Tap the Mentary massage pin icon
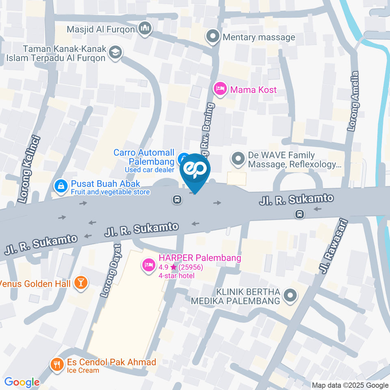point(212,37)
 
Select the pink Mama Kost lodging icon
point(220,89)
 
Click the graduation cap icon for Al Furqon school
point(116,53)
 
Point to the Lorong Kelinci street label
point(26,169)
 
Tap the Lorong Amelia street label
point(353,102)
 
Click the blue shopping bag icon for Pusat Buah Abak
point(61,187)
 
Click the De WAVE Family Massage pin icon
point(237,159)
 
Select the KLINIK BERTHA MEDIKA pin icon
point(290,296)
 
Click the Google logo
point(22,382)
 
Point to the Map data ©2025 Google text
point(350,385)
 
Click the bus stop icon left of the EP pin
point(177,199)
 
